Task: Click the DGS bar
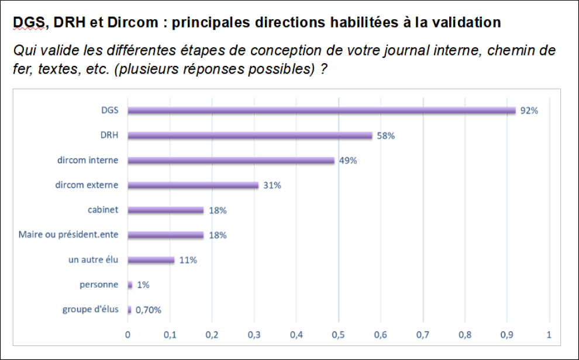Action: (x=322, y=110)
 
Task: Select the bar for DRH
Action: (x=250, y=136)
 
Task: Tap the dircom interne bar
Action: (x=231, y=161)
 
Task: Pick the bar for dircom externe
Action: (x=193, y=185)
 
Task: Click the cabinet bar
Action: (x=166, y=210)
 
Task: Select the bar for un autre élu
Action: (x=151, y=260)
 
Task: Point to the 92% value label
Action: (x=529, y=110)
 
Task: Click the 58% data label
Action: (x=385, y=136)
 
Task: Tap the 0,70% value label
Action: (x=148, y=310)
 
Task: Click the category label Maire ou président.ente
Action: (x=68, y=235)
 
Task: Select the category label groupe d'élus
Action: (x=90, y=309)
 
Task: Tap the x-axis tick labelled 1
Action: (x=549, y=335)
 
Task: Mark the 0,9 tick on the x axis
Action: (x=506, y=335)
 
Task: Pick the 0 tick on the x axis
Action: (x=128, y=335)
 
